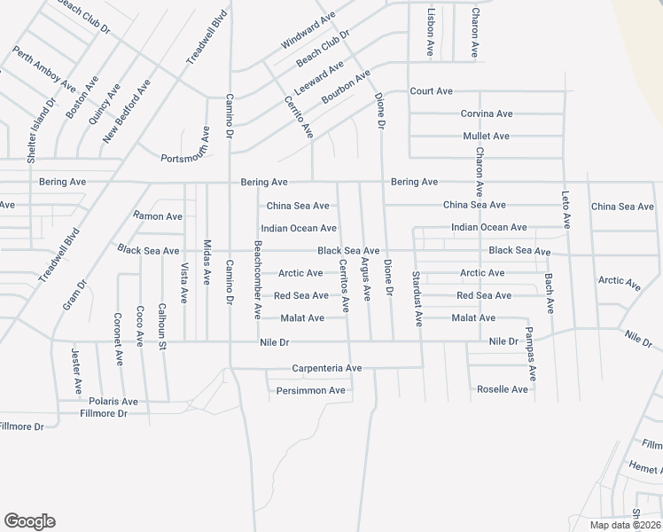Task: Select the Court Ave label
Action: tap(431, 91)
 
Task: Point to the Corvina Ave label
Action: tap(487, 113)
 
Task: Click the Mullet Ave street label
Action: tap(487, 137)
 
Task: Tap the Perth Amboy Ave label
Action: tap(44, 66)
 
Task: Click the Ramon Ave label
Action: tap(158, 216)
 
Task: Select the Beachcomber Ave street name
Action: tap(258, 280)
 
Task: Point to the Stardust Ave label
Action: tap(416, 299)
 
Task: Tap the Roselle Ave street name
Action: tap(503, 389)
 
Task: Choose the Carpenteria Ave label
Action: tap(327, 368)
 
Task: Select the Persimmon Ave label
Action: tap(310, 390)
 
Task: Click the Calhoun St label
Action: tap(162, 325)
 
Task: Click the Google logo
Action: tap(29, 521)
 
